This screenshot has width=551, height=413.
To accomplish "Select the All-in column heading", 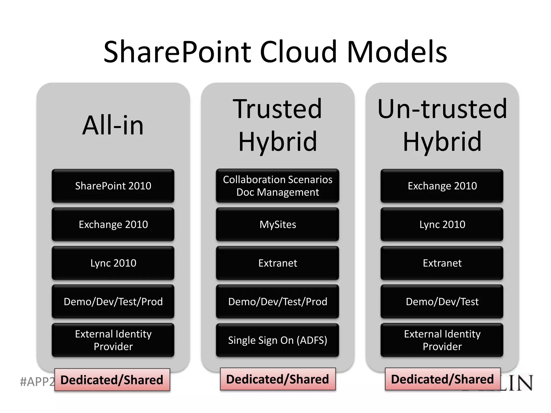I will (x=113, y=125).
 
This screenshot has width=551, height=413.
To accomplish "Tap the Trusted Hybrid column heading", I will (x=278, y=125).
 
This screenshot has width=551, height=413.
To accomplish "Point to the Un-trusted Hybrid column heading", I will (x=442, y=125).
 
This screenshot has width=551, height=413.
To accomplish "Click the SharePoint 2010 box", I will (x=113, y=186).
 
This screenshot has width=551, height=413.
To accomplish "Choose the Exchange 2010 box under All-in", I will (x=113, y=224).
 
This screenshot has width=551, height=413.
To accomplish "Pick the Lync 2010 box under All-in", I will (x=113, y=263).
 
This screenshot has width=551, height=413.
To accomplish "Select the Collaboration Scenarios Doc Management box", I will (x=278, y=186).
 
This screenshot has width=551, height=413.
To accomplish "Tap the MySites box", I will (x=278, y=224).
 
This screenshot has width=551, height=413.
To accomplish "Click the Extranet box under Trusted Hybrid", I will (x=278, y=263).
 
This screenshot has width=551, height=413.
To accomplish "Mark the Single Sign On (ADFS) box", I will (x=278, y=340).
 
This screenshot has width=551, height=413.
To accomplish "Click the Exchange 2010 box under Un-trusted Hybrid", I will (x=442, y=186).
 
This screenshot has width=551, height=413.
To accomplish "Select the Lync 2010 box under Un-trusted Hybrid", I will (x=442, y=224).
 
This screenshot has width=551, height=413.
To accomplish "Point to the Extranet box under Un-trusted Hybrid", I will (x=442, y=263).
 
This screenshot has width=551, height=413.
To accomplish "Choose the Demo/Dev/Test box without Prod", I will (x=442, y=301).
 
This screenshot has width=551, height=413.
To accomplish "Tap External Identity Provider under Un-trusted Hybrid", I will (x=442, y=340).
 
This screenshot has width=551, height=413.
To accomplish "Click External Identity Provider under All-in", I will (x=113, y=340).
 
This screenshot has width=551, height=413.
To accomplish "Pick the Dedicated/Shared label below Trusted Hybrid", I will (x=278, y=379).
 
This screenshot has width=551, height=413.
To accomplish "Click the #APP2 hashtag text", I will (x=37, y=382).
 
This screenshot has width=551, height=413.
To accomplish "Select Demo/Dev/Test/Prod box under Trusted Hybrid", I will (x=278, y=301).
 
